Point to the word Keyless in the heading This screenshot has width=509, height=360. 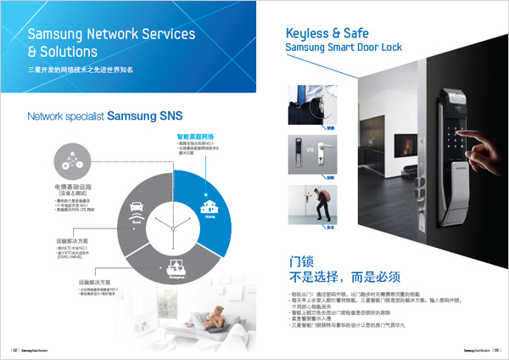[307, 33]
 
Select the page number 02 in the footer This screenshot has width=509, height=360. [14, 348]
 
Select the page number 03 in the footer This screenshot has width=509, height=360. [495, 348]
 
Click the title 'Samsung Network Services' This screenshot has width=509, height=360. [111, 35]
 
